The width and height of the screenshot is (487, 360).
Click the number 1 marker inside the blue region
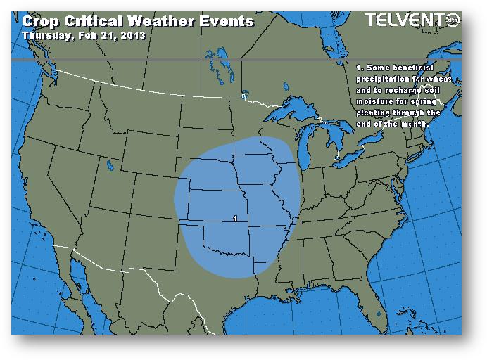[234, 219]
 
